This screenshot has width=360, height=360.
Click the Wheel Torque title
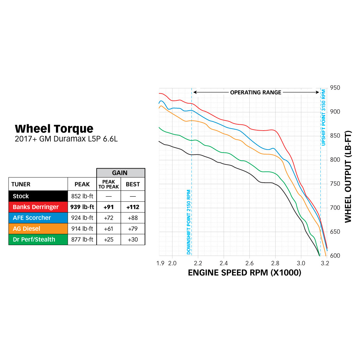pyautogui.click(x=54, y=129)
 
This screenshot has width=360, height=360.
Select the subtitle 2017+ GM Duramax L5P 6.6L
pyautogui.click(x=66, y=139)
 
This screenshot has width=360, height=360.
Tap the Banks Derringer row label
pyautogui.click(x=36, y=207)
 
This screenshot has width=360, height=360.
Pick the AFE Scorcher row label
pyautogui.click(x=32, y=218)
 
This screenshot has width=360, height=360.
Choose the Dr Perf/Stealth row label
pyautogui.click(x=34, y=239)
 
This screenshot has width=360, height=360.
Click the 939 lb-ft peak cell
pyautogui.click(x=82, y=207)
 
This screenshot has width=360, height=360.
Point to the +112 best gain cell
pyautogui.click(x=133, y=207)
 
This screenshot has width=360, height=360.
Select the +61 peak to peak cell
pyautogui.click(x=108, y=228)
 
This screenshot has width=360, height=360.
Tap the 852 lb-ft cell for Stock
pyautogui.click(x=82, y=196)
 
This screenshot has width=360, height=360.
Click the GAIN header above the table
pyautogui.click(x=120, y=173)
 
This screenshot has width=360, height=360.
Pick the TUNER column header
pyautogui.click(x=21, y=184)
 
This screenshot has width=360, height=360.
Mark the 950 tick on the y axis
pyautogui.click(x=335, y=88)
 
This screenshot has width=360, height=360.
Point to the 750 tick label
pyautogui.click(x=335, y=184)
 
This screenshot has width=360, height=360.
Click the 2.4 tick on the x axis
pyautogui.click(x=224, y=263)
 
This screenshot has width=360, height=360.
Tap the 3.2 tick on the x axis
pyautogui.click(x=325, y=263)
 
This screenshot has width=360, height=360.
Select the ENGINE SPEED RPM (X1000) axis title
pyautogui.click(x=244, y=273)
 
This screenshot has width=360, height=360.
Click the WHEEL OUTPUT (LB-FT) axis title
pyautogui.click(x=348, y=177)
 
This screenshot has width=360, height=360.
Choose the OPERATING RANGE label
pyautogui.click(x=256, y=92)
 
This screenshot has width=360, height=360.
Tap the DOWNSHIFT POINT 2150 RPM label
pyautogui.click(x=189, y=222)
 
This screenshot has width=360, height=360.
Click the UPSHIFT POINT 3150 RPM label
pyautogui.click(x=323, y=117)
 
